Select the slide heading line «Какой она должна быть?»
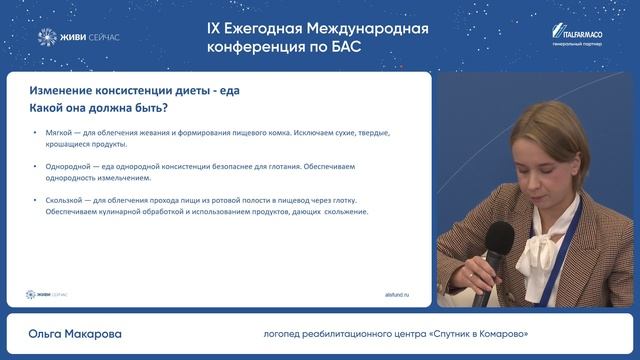point(98,108)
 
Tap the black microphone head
point(498,241)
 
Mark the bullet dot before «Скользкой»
point(36,200)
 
